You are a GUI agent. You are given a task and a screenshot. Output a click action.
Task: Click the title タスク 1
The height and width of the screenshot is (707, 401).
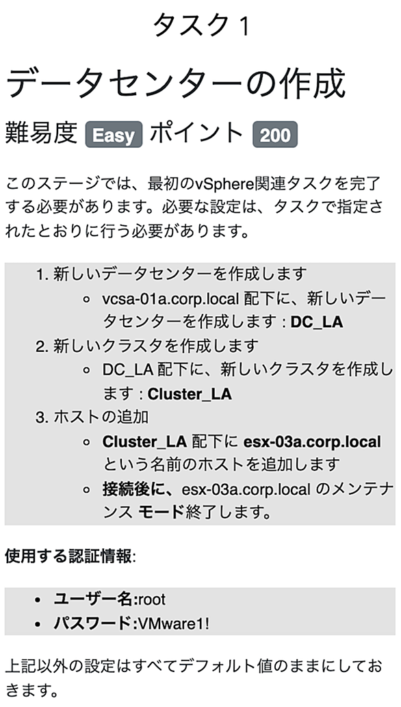tap(200, 25)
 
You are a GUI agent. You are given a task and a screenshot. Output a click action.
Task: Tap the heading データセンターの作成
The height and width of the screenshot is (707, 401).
tap(175, 84)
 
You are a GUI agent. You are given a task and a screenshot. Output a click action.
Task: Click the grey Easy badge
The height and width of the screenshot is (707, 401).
tap(114, 134)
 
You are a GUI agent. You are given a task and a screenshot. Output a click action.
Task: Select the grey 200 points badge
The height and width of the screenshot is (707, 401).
tap(275, 134)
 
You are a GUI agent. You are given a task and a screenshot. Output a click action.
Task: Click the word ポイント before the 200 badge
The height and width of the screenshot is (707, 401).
tap(197, 133)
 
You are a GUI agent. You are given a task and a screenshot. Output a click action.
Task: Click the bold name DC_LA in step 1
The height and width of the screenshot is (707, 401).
tap(317, 322)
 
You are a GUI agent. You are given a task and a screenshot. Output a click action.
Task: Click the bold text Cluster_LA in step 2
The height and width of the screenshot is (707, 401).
tap(190, 394)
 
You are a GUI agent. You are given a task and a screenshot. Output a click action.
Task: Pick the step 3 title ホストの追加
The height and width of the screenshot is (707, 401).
tap(101, 417)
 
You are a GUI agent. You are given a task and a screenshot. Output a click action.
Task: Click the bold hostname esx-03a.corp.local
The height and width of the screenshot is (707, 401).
tap(311, 441)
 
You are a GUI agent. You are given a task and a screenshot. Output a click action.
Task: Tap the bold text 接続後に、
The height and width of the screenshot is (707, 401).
tap(140, 489)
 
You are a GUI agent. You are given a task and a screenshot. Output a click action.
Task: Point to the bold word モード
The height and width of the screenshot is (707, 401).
tap(161, 513)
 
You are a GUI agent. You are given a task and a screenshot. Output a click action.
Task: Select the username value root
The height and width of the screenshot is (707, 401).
tap(152, 600)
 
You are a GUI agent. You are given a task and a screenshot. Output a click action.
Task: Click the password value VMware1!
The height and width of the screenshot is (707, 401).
tap(174, 624)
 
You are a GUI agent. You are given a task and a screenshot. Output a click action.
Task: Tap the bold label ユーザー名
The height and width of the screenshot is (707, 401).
tap(92, 600)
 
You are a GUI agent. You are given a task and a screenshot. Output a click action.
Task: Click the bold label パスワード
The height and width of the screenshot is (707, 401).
tap(92, 624)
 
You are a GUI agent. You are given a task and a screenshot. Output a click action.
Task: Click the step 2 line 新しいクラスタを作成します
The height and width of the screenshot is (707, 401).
tap(156, 346)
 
